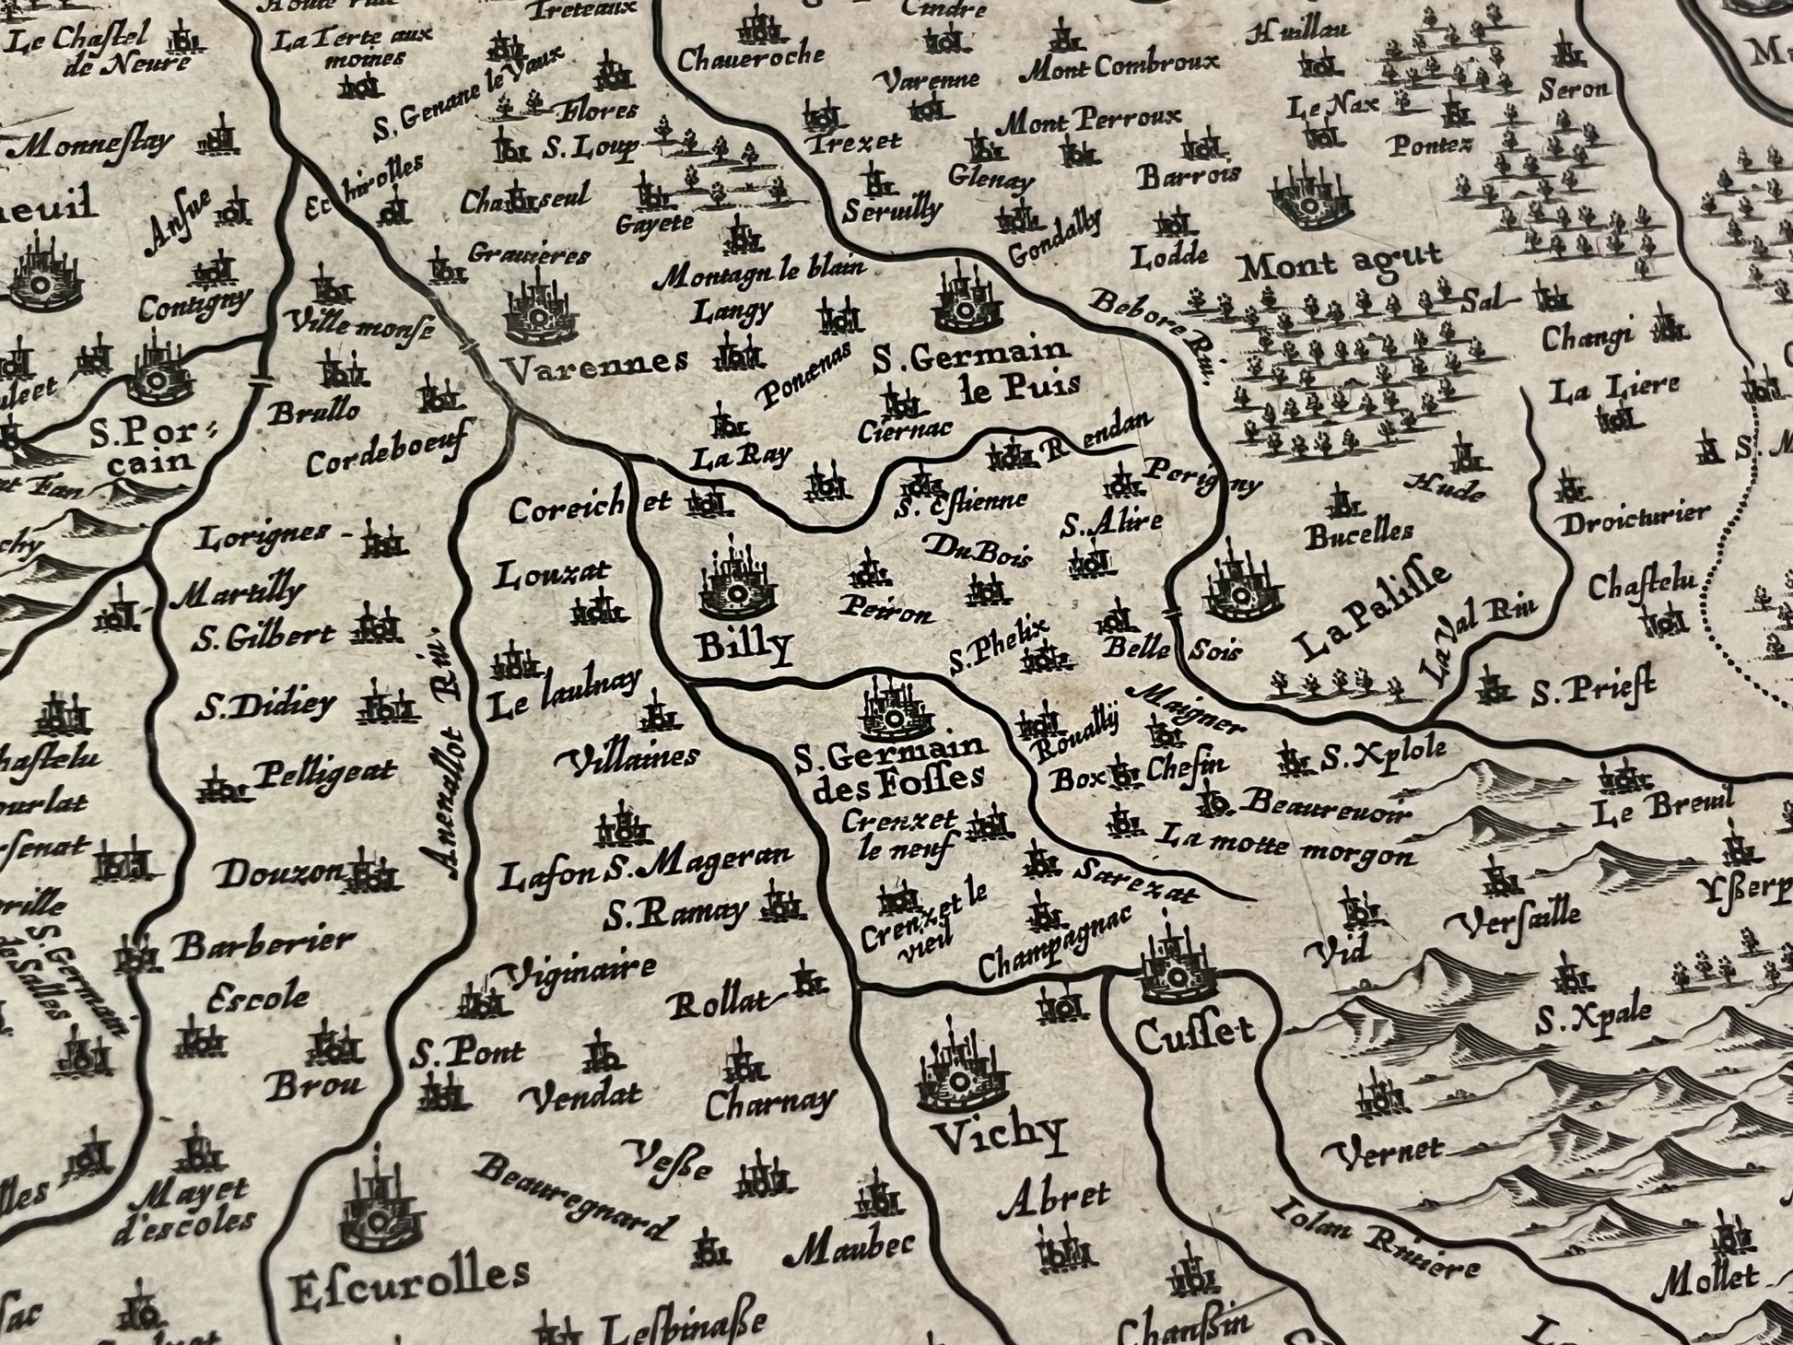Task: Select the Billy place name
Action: point(744,647)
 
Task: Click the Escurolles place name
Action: point(408,1276)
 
